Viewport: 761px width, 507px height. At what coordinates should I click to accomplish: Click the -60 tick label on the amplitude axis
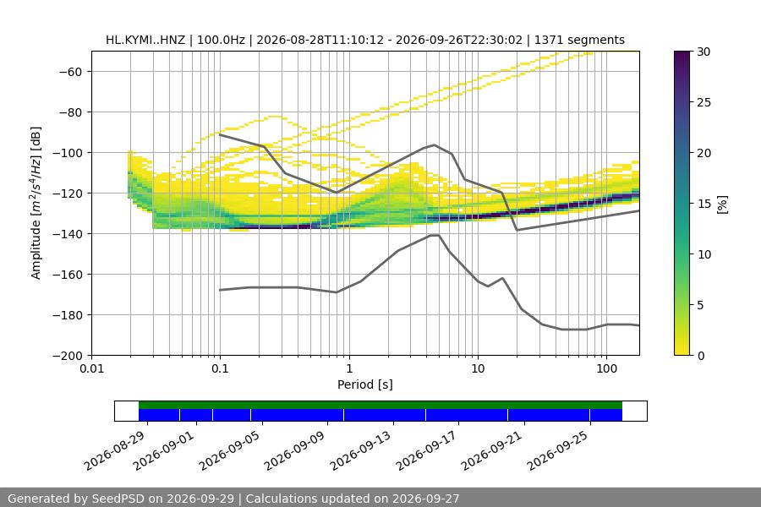(x=70, y=72)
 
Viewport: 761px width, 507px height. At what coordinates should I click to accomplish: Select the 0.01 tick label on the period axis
(x=91, y=368)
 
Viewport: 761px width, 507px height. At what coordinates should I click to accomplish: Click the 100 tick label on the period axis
(x=606, y=368)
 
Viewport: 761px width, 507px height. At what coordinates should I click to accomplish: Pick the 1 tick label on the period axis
(x=349, y=368)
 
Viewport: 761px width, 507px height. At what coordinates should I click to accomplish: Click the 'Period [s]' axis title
(x=365, y=384)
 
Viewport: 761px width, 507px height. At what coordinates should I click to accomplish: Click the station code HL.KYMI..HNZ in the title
(x=145, y=40)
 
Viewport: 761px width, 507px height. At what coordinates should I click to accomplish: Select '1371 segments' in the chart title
(x=579, y=40)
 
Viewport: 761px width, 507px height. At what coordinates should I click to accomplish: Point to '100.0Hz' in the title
(x=221, y=40)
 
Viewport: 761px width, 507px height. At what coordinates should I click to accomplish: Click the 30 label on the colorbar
(x=704, y=52)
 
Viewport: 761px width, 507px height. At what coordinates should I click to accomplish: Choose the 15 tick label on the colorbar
(x=704, y=204)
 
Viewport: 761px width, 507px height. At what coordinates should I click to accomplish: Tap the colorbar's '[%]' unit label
(x=723, y=204)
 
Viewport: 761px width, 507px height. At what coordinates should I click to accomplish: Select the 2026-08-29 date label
(x=114, y=450)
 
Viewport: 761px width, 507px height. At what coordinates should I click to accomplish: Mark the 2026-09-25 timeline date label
(x=558, y=450)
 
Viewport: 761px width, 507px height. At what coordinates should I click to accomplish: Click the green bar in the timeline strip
(x=380, y=405)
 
